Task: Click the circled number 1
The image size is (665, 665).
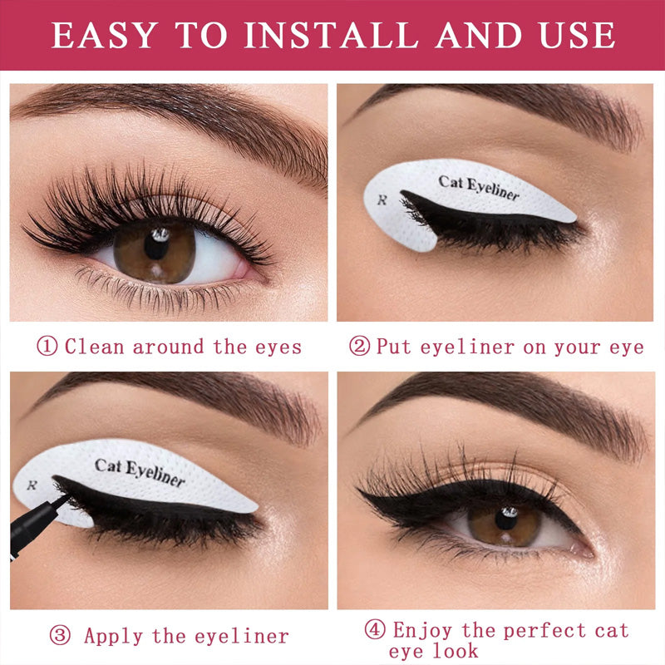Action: click(x=48, y=346)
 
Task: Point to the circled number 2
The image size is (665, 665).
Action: click(x=359, y=346)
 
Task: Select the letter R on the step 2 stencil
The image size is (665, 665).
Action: click(x=382, y=199)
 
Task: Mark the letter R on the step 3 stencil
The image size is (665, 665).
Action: click(x=32, y=485)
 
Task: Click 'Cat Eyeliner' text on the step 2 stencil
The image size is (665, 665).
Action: click(x=479, y=188)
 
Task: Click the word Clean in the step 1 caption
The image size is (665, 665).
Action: click(x=95, y=346)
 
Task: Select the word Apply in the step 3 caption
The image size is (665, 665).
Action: click(x=114, y=637)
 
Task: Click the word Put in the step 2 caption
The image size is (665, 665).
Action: click(x=394, y=346)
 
